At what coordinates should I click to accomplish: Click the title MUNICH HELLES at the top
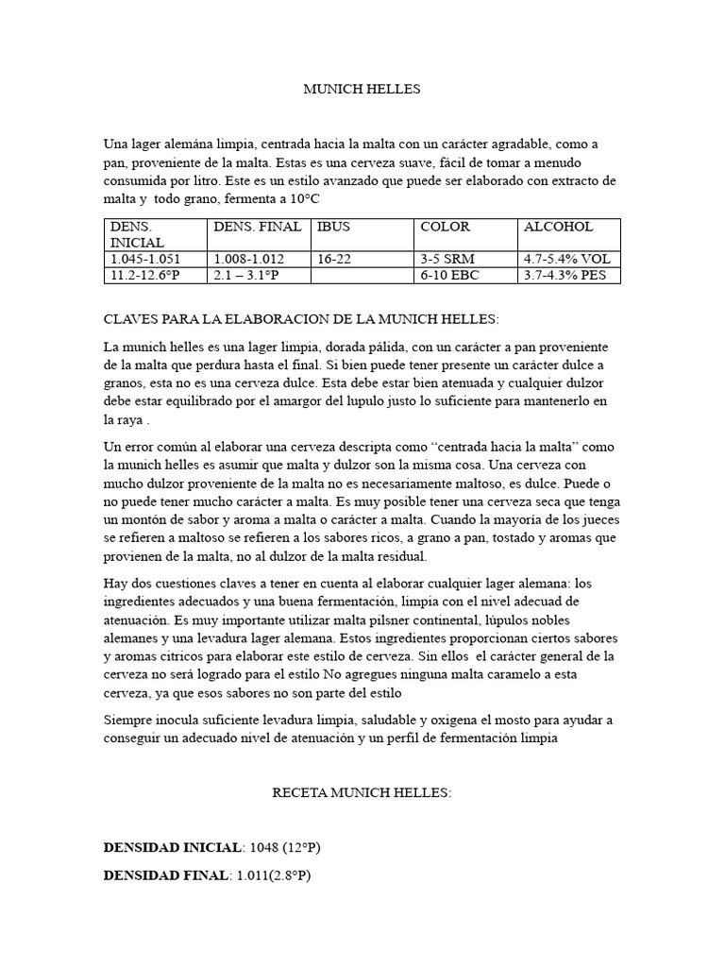point(362,90)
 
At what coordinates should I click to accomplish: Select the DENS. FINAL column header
point(258,227)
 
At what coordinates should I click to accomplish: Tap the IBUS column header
point(334,227)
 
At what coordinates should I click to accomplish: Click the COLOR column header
point(445,227)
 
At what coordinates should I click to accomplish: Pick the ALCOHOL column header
point(558,227)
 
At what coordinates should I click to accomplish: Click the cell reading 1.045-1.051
point(145,259)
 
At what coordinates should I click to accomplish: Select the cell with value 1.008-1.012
point(249,259)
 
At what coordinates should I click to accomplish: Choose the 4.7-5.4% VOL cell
point(566,259)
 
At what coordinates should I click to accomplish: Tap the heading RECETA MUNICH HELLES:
point(362,792)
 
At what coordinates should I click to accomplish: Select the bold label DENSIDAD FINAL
point(165,875)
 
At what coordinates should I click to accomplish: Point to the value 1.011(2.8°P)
point(272,875)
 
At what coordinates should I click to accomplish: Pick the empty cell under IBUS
point(362,275)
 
